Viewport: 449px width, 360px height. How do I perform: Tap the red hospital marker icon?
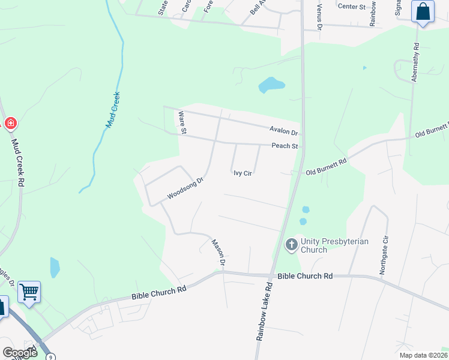click(x=10, y=124)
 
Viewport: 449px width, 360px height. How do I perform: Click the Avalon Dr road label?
click(x=284, y=131)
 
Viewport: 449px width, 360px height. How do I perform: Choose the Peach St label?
click(x=285, y=146)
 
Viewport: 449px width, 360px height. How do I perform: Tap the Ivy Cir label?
click(x=242, y=173)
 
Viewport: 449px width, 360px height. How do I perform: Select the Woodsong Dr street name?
click(x=186, y=188)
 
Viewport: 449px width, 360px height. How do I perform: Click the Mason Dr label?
click(x=218, y=253)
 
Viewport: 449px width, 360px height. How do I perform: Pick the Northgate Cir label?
click(x=383, y=256)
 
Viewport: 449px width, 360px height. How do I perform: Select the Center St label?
click(x=352, y=6)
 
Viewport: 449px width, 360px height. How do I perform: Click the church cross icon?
click(x=291, y=244)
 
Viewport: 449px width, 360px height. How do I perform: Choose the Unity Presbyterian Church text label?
click(x=322, y=245)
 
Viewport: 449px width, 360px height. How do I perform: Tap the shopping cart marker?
click(x=29, y=292)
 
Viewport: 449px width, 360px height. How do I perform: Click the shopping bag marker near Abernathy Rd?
click(x=423, y=11)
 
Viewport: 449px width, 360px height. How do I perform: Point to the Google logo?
click(x=20, y=352)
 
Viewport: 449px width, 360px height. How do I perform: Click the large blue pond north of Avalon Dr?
click(x=271, y=85)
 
